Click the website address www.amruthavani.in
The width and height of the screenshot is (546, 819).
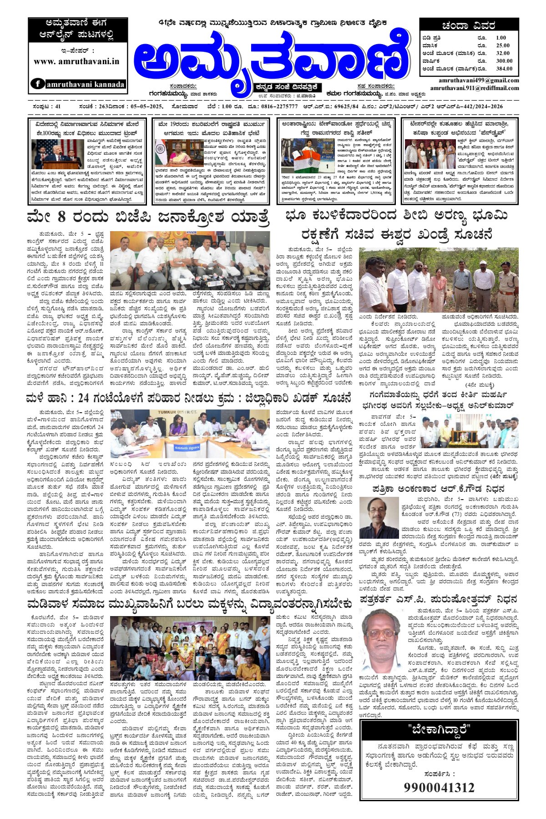(76, 61)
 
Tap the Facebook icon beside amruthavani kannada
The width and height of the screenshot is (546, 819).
(37, 84)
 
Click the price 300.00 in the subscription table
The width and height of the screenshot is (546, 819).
(504, 61)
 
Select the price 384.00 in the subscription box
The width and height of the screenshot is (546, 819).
(504, 69)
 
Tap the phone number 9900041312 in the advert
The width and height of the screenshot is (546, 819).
(439, 788)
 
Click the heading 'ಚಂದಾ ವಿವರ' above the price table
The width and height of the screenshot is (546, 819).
(468, 25)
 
